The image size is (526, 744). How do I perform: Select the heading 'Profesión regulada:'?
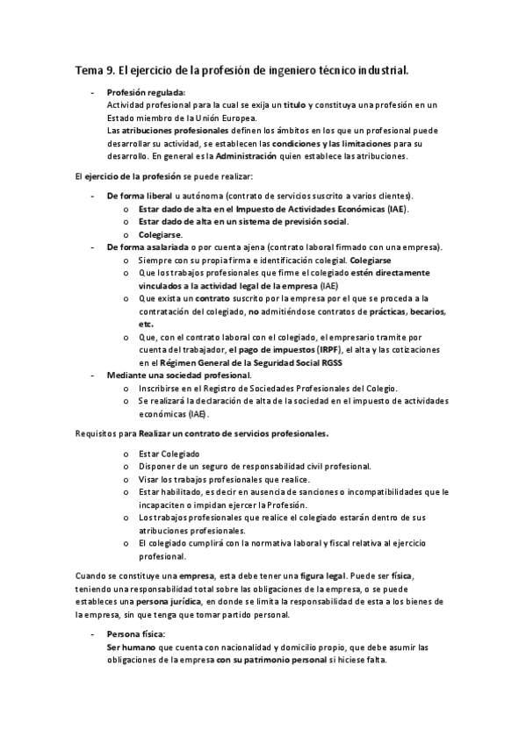146,92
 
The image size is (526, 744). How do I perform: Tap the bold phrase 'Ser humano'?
129,647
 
